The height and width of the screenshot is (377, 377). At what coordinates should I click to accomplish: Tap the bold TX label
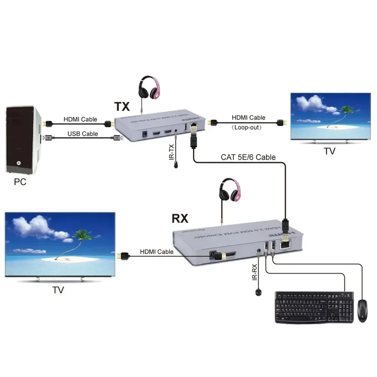122,107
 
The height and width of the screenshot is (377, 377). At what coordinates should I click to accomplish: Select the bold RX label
180,218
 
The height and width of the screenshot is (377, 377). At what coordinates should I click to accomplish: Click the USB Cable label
83,134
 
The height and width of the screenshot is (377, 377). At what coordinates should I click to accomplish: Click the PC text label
20,182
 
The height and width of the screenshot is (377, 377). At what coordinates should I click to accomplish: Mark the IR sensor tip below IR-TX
176,165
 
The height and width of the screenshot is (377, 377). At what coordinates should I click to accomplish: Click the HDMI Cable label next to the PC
80,120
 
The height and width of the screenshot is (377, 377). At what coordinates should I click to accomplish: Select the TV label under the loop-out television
329,151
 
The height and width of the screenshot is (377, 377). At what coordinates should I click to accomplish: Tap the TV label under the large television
58,290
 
